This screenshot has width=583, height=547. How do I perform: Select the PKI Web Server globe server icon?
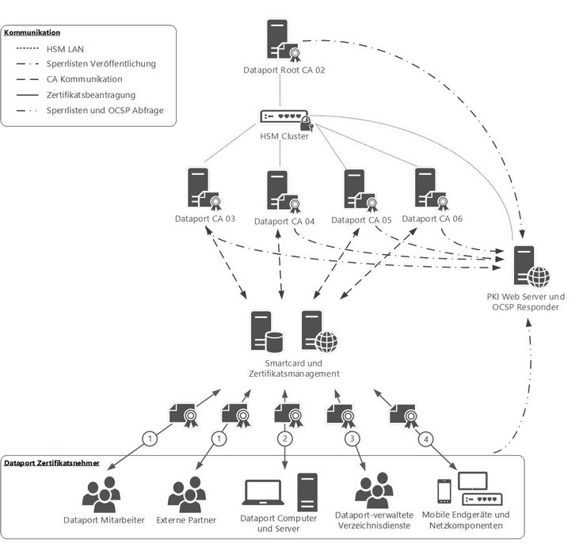click(x=529, y=268)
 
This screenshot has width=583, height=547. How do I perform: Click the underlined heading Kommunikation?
click(x=32, y=33)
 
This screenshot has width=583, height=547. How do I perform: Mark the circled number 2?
click(x=284, y=438)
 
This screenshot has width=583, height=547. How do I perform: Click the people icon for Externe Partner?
click(x=187, y=495)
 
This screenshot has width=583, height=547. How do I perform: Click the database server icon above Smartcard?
click(x=266, y=331)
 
